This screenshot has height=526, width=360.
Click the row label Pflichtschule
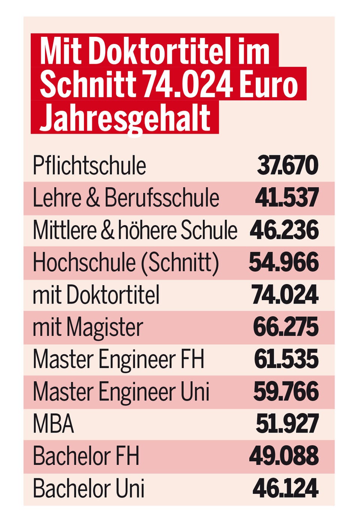pos(89,165)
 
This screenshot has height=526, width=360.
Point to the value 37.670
pos(288,165)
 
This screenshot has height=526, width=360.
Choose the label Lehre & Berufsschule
pos(126,198)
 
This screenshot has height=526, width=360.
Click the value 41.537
pos(287,198)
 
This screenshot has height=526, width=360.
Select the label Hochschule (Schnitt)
pos(126,262)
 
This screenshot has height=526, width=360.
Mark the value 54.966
pos(284,262)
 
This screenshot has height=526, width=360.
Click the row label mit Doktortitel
pos(96,295)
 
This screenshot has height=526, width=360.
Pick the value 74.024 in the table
pos(285,295)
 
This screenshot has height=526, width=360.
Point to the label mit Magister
pos(88,327)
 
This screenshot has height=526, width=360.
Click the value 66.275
pos(286,327)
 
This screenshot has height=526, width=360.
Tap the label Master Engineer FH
pos(118,359)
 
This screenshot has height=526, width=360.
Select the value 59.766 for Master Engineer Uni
pos(286,392)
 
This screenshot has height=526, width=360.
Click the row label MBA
pos(53,424)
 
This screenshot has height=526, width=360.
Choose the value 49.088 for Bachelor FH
pos(284,456)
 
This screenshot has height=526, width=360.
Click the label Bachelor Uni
pos(88,488)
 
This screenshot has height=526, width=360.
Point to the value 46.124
pos(285,488)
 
